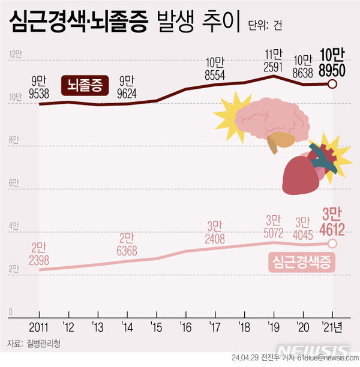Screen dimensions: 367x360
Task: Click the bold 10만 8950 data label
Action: point(332,62)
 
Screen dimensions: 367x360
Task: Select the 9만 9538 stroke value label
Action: point(40,88)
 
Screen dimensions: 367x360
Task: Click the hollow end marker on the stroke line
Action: point(332,83)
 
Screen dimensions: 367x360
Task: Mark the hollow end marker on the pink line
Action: point(332,243)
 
